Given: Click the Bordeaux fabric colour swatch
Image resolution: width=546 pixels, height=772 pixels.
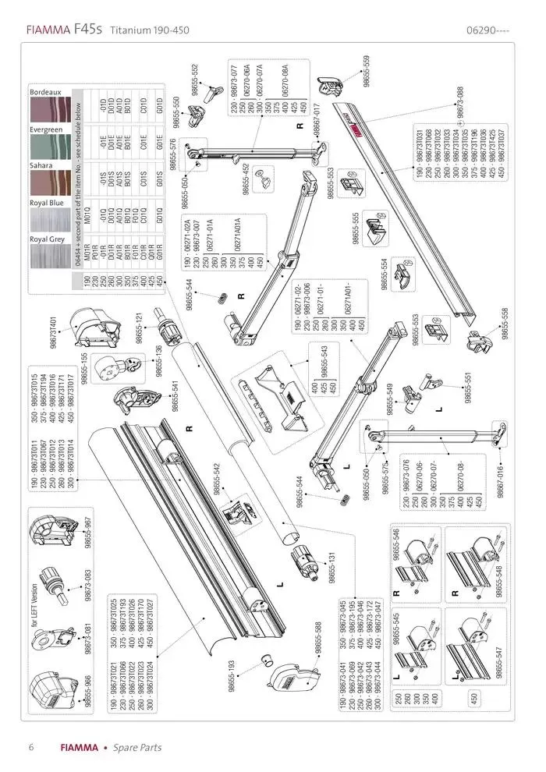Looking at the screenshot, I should coord(49,110).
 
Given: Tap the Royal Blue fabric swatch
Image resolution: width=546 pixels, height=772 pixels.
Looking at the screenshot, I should coord(49,218).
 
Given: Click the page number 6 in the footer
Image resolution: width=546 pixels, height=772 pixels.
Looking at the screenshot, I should coord(31,746).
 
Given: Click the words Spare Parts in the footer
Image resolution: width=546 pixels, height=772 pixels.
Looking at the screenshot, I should coord(138,747).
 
